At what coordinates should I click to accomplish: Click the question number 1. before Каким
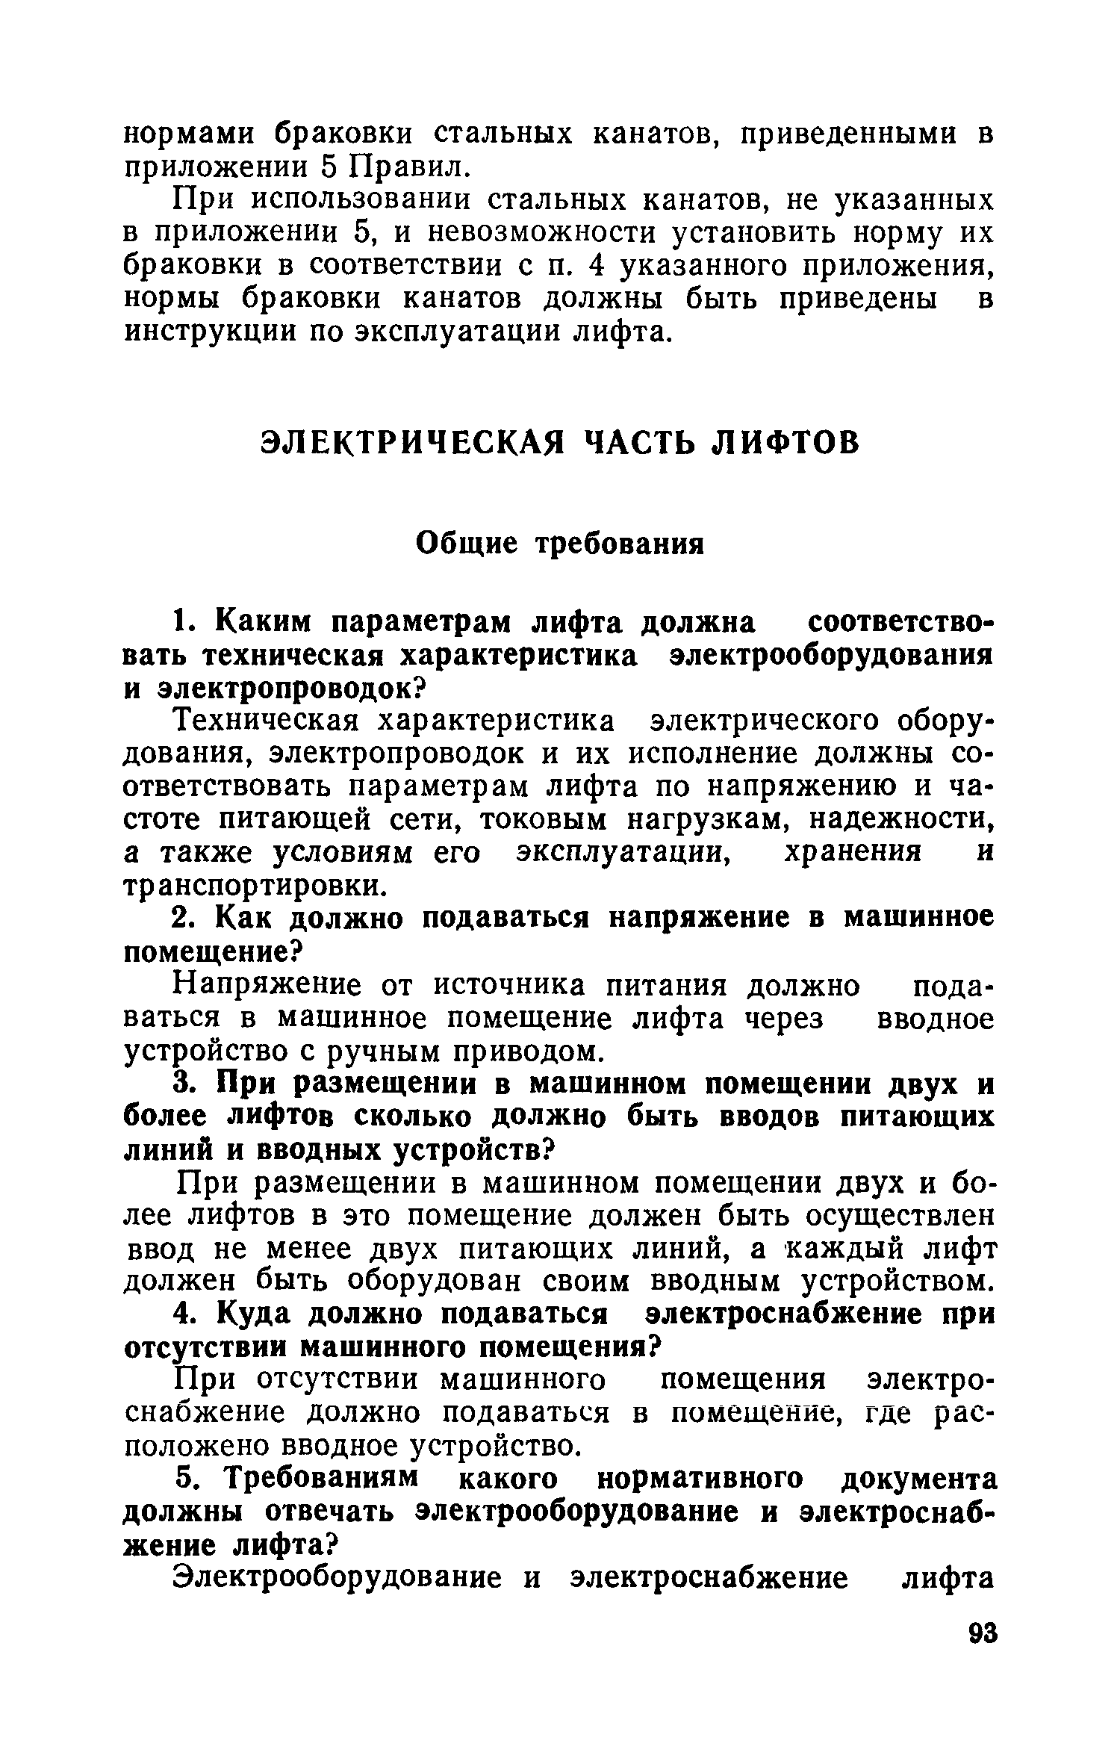[183, 621]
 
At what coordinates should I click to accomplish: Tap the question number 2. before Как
[184, 919]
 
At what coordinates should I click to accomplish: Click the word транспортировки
[255, 886]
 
